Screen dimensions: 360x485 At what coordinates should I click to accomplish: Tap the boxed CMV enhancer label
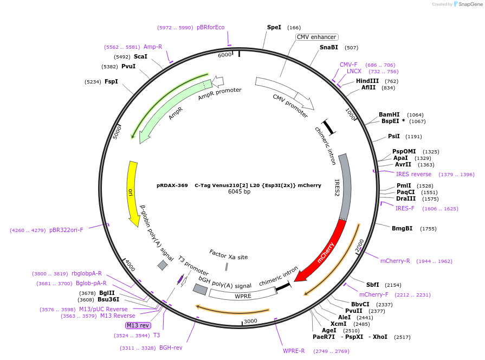(317, 37)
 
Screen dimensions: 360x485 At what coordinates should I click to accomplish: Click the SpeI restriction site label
(274, 27)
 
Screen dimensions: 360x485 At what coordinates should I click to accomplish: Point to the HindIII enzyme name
(367, 81)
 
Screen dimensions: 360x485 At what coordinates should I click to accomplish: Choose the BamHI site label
(389, 114)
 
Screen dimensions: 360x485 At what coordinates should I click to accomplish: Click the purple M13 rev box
(138, 325)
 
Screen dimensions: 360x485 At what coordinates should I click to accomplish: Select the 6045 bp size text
(239, 192)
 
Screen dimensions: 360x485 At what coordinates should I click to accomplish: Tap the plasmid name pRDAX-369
(172, 185)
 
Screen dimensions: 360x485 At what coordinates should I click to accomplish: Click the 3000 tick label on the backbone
(250, 321)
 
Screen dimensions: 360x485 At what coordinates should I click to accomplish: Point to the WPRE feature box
(243, 295)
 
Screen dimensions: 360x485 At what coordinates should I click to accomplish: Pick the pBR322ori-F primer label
(66, 230)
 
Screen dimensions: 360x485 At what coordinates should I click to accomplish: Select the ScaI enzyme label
(140, 56)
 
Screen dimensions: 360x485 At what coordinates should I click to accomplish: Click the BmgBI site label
(402, 228)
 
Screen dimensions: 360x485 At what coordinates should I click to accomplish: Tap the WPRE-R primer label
(294, 351)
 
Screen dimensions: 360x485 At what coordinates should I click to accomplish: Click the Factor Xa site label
(228, 254)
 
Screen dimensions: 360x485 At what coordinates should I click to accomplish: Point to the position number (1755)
(428, 229)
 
